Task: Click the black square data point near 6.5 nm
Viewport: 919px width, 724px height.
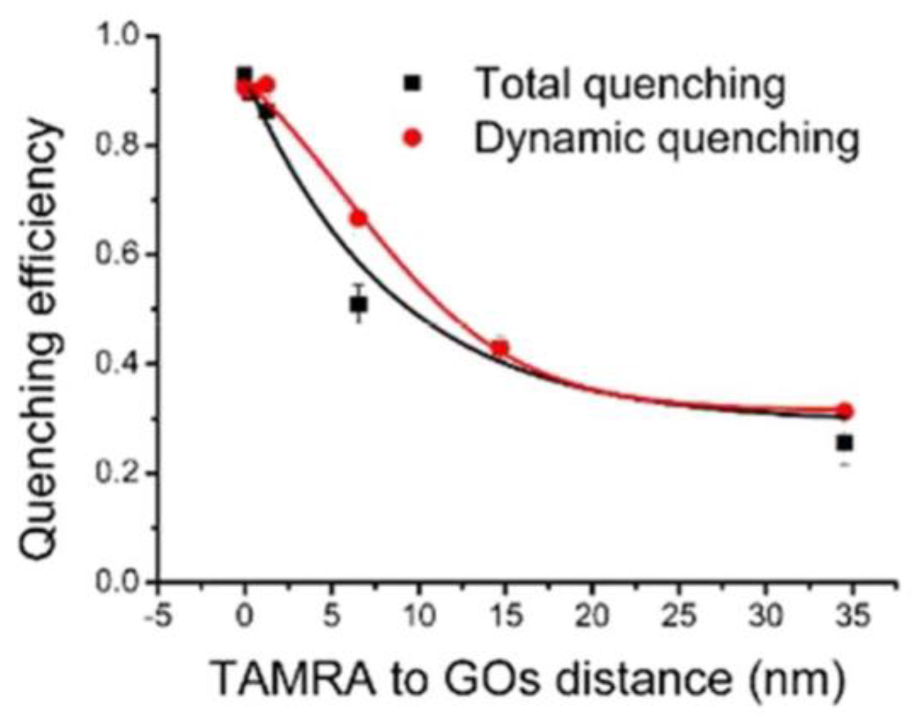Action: pos(358,305)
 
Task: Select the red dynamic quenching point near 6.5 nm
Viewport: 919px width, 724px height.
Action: pos(358,219)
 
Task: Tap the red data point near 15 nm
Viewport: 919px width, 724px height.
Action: pos(500,347)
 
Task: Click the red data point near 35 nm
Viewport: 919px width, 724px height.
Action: pos(845,411)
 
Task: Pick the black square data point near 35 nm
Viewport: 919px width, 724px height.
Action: pos(845,443)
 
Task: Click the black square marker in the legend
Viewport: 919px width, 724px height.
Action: pos(412,83)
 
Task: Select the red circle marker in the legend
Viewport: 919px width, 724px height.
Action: pos(412,138)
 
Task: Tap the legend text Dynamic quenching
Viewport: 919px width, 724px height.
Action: pos(666,139)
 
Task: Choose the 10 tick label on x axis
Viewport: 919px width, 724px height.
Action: pos(418,616)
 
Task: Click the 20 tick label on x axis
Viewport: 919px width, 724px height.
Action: pos(592,616)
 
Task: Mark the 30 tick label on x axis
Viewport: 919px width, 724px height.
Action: pos(766,616)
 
